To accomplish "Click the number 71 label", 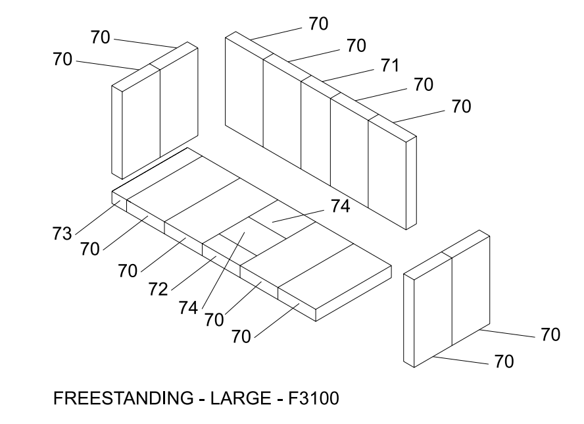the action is [x=390, y=66].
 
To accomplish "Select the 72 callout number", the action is [x=158, y=289].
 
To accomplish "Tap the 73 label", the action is [x=62, y=234].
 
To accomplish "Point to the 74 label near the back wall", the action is [x=341, y=206].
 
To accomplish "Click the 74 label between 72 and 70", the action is [x=188, y=307].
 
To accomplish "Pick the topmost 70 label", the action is [x=318, y=24].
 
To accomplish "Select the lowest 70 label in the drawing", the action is [x=504, y=361].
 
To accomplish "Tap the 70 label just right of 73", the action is [x=90, y=249].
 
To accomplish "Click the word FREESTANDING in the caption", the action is [x=123, y=398].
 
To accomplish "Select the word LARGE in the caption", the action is [x=241, y=398].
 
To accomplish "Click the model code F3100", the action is [x=314, y=398].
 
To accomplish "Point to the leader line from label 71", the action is [x=349, y=75].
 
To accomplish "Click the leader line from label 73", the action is [x=97, y=218].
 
